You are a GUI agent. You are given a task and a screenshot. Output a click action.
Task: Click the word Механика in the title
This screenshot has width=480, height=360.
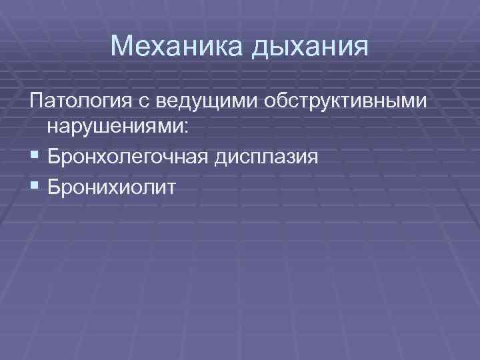coord(175,46)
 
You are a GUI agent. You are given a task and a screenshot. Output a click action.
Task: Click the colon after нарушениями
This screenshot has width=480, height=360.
coord(185,130)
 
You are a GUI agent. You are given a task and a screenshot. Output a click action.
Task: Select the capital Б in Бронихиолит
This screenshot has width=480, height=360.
coord(55,185)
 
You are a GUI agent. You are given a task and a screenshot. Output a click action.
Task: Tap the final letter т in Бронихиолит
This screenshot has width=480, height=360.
coord(171,187)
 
